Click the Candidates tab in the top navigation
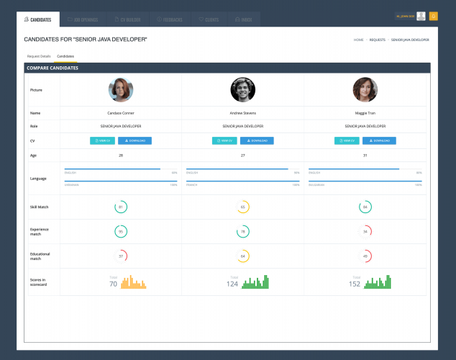click(x=38, y=19)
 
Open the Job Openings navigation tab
click(x=83, y=19)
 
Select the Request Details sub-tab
click(x=39, y=55)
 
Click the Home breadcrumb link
click(x=358, y=40)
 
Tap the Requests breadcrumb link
click(x=378, y=40)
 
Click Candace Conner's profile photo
click(x=121, y=90)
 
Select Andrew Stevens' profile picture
click(x=243, y=90)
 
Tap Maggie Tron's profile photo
click(x=365, y=90)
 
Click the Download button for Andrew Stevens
click(x=257, y=140)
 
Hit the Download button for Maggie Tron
click(x=379, y=140)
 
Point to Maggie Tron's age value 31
click(x=365, y=155)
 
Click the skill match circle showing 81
click(x=121, y=207)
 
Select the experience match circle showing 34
click(x=365, y=232)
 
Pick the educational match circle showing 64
click(x=243, y=256)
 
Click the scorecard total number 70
click(x=113, y=284)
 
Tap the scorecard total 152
click(x=355, y=284)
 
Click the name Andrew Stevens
click(x=243, y=113)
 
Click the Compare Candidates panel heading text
click(x=53, y=68)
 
